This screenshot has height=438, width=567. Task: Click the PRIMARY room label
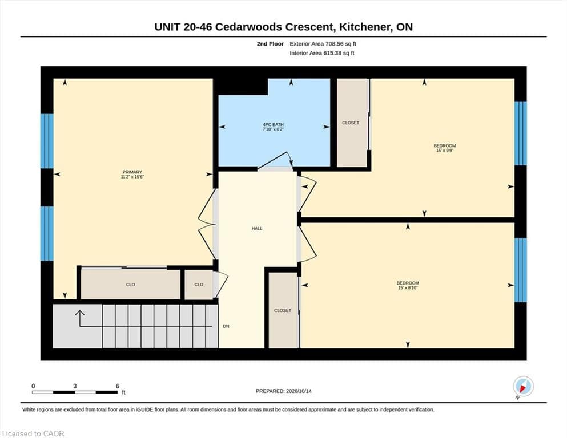pos(132,172)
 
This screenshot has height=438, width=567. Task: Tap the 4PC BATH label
pos(273,124)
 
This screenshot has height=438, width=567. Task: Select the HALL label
pos(257,229)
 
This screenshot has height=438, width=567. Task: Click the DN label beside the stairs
pos(226,326)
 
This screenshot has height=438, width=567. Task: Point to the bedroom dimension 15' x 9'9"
pos(445,151)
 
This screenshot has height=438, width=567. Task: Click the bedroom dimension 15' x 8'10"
pos(408,288)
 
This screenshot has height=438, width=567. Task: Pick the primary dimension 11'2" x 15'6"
pos(132,177)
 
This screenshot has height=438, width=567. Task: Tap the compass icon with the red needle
pos(523,386)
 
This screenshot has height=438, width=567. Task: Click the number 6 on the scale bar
pos(118,386)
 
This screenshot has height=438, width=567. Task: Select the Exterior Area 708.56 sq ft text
pos(323,44)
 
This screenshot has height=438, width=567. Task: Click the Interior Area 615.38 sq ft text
pos(322,53)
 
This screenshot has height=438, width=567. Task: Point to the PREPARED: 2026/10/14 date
pos(283,391)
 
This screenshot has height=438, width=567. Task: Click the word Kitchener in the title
pos(365,27)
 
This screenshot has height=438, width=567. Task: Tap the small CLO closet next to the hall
pos(199,285)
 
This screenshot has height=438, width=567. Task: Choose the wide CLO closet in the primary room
pos(130,285)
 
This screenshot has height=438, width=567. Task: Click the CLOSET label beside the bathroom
pos(351,123)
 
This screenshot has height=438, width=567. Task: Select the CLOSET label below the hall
pos(283,311)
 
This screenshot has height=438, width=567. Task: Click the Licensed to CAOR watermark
pos(33,433)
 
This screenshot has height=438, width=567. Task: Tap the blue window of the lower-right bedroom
pos(520,270)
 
